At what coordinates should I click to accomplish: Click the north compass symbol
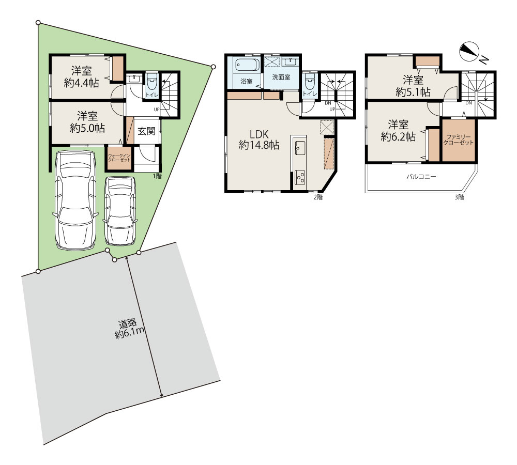coord(469,52)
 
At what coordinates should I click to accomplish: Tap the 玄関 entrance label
coord(146,131)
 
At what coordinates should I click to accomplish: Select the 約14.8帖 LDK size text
coord(259,145)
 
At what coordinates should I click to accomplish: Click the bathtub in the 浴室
coord(247,65)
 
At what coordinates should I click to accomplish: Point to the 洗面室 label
coord(281,77)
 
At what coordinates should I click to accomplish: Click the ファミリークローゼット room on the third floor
coord(459,141)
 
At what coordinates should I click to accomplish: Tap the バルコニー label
coord(421,177)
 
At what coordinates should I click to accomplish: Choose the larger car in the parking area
coord(75,200)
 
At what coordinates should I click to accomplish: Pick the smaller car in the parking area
coord(120,211)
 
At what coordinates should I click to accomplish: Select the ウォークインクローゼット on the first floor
coord(119,158)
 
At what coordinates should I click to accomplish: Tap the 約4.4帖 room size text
coord(82,82)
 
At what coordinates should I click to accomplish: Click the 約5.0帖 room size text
coord(87,128)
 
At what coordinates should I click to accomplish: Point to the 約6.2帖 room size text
coord(398,137)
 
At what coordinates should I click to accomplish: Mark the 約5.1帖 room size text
coord(413,91)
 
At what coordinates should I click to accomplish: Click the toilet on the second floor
coord(310,81)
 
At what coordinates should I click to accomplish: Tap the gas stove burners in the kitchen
coord(299,177)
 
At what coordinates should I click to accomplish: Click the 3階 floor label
coord(459,197)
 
